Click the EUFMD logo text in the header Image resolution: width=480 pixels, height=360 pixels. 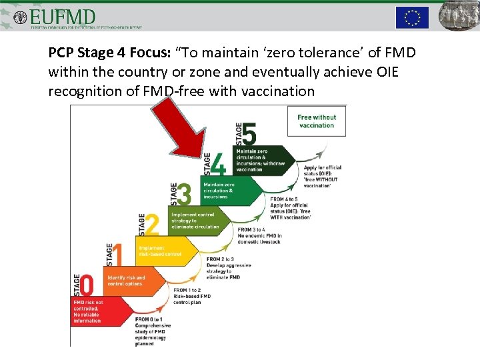click(x=63, y=16)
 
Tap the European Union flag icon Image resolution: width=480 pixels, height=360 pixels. click(x=412, y=17)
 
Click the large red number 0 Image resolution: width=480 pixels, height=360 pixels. click(x=87, y=285)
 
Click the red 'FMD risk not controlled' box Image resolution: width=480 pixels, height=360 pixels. click(x=93, y=311)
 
